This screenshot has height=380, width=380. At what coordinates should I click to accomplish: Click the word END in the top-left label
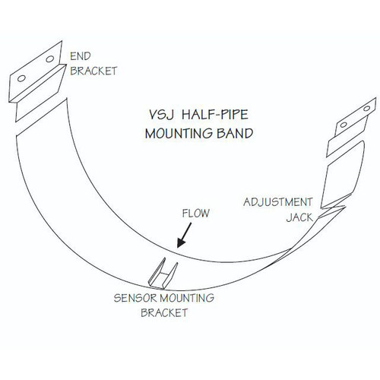click(x=79, y=55)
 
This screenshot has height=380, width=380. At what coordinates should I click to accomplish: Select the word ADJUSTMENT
click(x=274, y=203)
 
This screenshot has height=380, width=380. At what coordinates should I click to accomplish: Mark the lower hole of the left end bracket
click(x=23, y=78)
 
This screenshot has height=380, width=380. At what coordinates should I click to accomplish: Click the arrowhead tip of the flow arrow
click(x=177, y=246)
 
